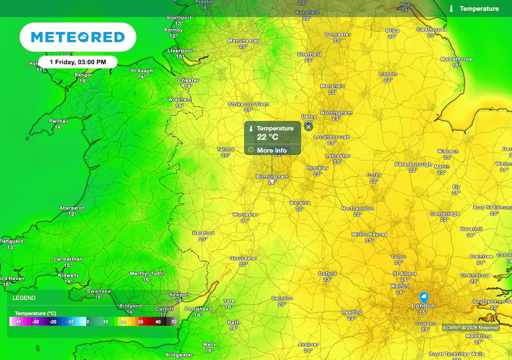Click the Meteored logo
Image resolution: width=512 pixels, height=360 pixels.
point(77,37)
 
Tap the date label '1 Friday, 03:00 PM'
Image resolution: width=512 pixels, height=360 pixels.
point(78,62)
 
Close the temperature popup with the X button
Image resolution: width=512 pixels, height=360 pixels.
point(308,127)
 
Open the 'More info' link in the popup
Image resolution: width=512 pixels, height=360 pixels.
point(271,150)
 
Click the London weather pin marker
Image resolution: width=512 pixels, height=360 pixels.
point(423,296)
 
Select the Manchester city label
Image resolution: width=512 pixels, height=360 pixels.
point(243,41)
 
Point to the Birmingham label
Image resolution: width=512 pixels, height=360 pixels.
point(272,176)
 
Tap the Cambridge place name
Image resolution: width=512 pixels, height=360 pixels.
point(444,214)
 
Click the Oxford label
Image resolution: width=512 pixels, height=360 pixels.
point(327,273)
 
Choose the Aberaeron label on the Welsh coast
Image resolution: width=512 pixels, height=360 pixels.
point(72,208)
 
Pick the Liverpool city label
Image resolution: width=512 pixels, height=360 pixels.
point(180,50)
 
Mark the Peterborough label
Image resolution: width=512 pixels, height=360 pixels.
point(413,164)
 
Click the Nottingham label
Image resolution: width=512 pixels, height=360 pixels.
point(336,112)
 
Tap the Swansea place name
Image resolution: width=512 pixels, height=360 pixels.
point(99,291)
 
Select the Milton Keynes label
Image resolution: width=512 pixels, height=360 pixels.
point(369,234)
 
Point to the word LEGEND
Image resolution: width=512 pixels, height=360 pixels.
point(24,298)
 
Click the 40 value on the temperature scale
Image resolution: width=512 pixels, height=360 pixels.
point(157,321)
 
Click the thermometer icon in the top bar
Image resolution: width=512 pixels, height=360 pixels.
point(451,8)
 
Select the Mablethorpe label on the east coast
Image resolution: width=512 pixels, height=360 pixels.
point(456,59)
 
